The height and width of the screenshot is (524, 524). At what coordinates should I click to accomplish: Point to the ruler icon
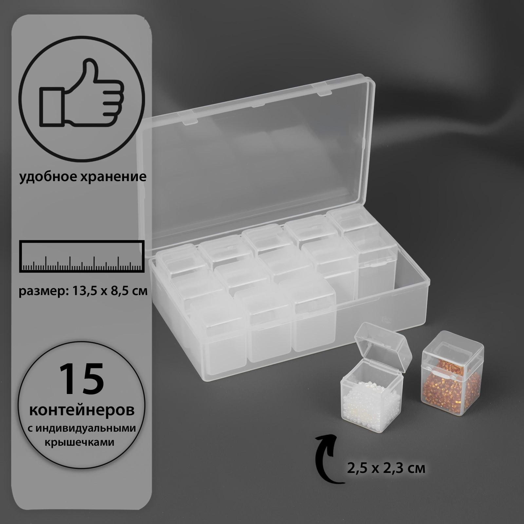82,256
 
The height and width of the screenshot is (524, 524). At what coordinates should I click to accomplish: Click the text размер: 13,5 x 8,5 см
83,291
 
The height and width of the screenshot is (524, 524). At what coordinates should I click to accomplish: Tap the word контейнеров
82,411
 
